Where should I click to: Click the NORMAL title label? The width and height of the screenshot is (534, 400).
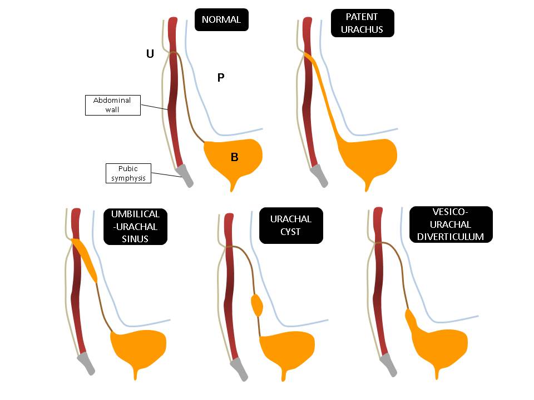221,19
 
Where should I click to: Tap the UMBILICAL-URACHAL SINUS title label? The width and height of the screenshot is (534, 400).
135,227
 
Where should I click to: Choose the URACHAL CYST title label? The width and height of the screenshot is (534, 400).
290,225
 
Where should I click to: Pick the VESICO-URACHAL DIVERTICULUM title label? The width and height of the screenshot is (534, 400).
451,224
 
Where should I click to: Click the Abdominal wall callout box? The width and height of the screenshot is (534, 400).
112,105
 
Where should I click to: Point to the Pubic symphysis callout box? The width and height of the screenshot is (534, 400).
127,173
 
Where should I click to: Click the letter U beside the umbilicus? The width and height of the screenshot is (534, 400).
150,54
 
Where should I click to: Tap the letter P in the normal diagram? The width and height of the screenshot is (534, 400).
220,78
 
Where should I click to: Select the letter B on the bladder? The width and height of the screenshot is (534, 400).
235,158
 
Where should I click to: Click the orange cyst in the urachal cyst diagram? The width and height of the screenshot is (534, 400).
256,305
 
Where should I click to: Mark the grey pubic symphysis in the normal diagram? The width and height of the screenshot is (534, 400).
185,175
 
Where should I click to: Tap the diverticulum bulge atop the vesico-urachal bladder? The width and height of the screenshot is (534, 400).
412,320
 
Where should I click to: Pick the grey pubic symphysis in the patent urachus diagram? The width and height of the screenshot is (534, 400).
320,175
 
